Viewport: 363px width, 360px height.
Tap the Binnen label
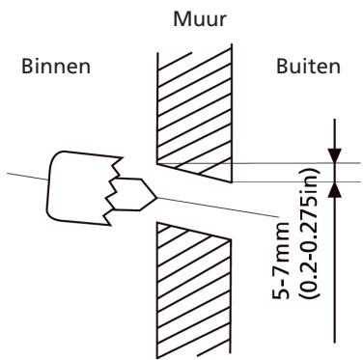tap(43, 71)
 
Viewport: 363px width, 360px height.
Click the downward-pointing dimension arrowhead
tap(334, 154)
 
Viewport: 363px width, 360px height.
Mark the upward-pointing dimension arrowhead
tap(334, 189)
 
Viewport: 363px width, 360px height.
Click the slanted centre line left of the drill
tap(24, 175)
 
